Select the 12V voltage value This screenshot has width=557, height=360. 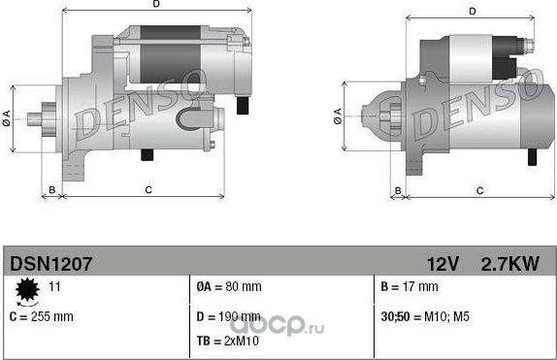tap(442, 263)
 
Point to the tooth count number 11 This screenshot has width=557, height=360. tap(54, 287)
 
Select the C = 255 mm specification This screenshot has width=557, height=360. tap(41, 316)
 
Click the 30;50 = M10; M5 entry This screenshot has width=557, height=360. tap(425, 316)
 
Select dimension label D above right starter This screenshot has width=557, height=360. tap(472, 12)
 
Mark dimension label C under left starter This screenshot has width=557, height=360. tap(147, 189)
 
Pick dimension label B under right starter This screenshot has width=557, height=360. tap(396, 189)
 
